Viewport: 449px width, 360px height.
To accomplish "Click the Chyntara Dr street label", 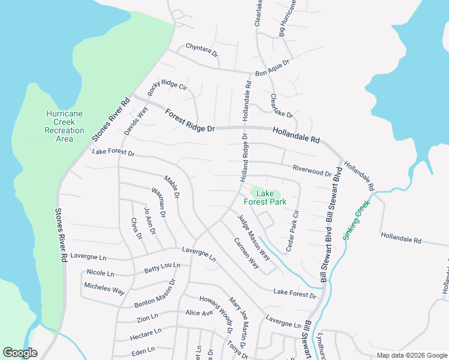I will point(202,50).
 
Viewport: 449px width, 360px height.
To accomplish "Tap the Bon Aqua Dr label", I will point(272,67).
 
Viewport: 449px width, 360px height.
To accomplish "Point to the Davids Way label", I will point(136,120).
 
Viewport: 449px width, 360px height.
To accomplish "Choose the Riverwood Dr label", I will point(312,170).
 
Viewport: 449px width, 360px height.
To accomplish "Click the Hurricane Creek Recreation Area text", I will point(64,126).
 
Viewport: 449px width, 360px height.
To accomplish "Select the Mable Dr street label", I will point(172,187).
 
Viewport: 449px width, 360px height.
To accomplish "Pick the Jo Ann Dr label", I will point(149,220).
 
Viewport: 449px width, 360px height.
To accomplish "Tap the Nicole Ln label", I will point(100,272).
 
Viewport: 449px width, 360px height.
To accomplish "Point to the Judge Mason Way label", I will point(253,237).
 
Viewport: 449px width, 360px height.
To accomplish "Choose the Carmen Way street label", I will point(246,253).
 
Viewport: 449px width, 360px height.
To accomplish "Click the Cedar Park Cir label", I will point(292,230).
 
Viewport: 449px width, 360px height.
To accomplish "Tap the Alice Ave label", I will point(199,313).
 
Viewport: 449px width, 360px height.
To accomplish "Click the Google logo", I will point(20,353).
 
